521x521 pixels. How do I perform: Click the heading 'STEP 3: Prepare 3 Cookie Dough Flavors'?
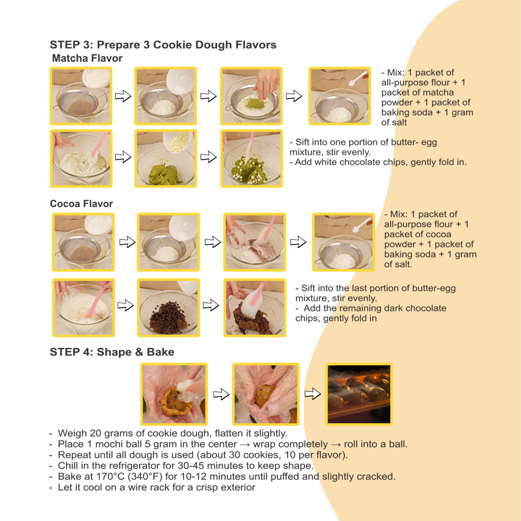(163, 45)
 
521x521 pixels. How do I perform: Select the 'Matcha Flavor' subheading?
(87, 58)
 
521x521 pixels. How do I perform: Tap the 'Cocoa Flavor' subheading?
(81, 204)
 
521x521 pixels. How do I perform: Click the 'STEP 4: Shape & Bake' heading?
(112, 352)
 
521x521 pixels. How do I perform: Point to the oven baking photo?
(358, 394)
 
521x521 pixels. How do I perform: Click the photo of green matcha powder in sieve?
(251, 96)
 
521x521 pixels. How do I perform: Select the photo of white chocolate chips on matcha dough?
(166, 158)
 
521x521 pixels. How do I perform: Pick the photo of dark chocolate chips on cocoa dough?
(168, 307)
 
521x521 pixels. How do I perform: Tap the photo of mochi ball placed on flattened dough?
(174, 394)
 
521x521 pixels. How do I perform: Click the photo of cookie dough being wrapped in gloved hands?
(265, 394)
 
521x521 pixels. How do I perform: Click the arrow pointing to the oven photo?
(312, 394)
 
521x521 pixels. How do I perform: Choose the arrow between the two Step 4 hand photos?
(221, 394)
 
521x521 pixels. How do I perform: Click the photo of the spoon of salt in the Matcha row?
(339, 96)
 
